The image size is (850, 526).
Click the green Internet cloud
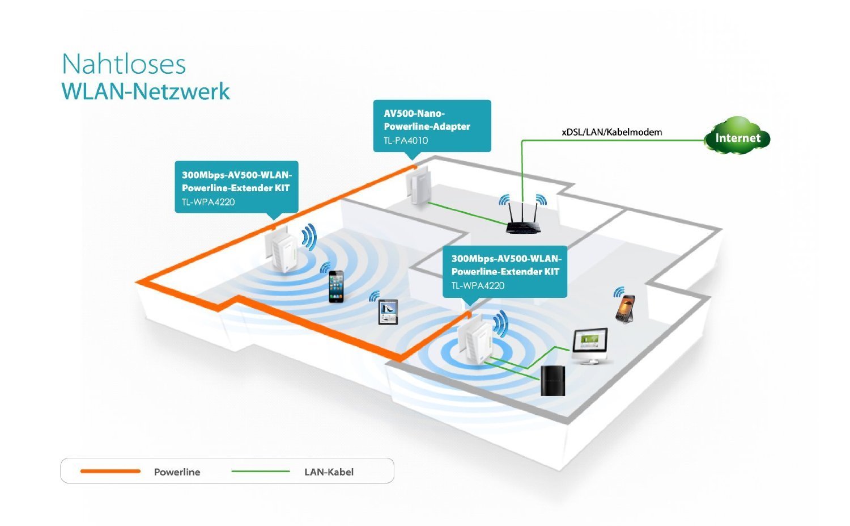coord(737,137)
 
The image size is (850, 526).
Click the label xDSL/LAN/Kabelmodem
coord(611,132)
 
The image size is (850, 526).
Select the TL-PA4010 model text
coord(406,141)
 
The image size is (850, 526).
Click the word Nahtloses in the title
coord(124,64)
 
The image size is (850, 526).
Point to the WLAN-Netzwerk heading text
coord(146,92)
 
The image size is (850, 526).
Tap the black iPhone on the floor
coord(337,286)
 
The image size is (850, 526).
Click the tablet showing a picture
coord(388,312)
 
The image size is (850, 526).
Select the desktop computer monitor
coord(590,343)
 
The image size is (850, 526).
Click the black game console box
coord(552,380)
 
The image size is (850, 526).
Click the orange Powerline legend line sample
coord(110,471)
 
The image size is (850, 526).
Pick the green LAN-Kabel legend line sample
coord(261,471)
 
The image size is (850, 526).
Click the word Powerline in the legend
coord(177,472)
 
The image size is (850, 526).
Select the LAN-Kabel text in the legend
coord(329,472)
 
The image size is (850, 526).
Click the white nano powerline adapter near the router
coord(418,187)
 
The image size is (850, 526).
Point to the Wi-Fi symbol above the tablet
coord(374,296)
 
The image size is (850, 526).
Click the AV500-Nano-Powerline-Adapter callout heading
coord(427,120)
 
